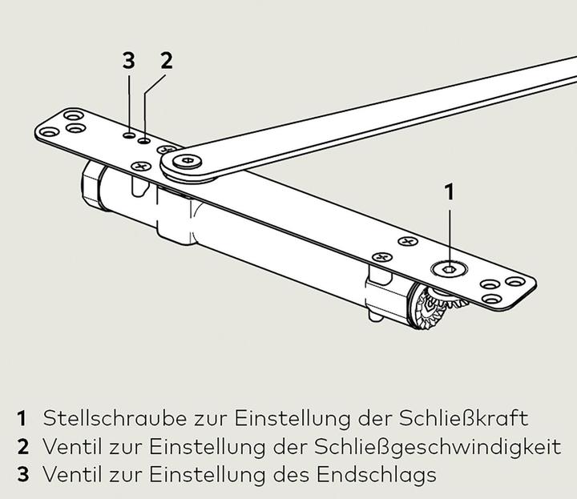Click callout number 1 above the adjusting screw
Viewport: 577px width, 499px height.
coord(450,192)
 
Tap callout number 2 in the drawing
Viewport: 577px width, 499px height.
coord(167,61)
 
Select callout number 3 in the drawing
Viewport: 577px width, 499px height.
coord(128,61)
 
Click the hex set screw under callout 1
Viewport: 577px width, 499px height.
coord(449,269)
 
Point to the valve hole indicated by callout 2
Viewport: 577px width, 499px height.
coord(144,140)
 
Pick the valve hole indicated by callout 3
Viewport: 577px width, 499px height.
coord(129,135)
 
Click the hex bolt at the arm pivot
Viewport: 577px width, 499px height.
coord(188,161)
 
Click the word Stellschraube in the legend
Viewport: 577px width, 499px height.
coord(115,418)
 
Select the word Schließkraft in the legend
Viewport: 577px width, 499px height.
coord(464,418)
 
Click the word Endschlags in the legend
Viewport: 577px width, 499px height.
coord(377,475)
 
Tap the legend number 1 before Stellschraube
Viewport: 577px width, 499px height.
coord(22,418)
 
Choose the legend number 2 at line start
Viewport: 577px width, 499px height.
coord(22,447)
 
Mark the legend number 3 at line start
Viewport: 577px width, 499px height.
coord(22,474)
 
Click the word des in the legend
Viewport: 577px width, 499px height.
coord(291,474)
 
